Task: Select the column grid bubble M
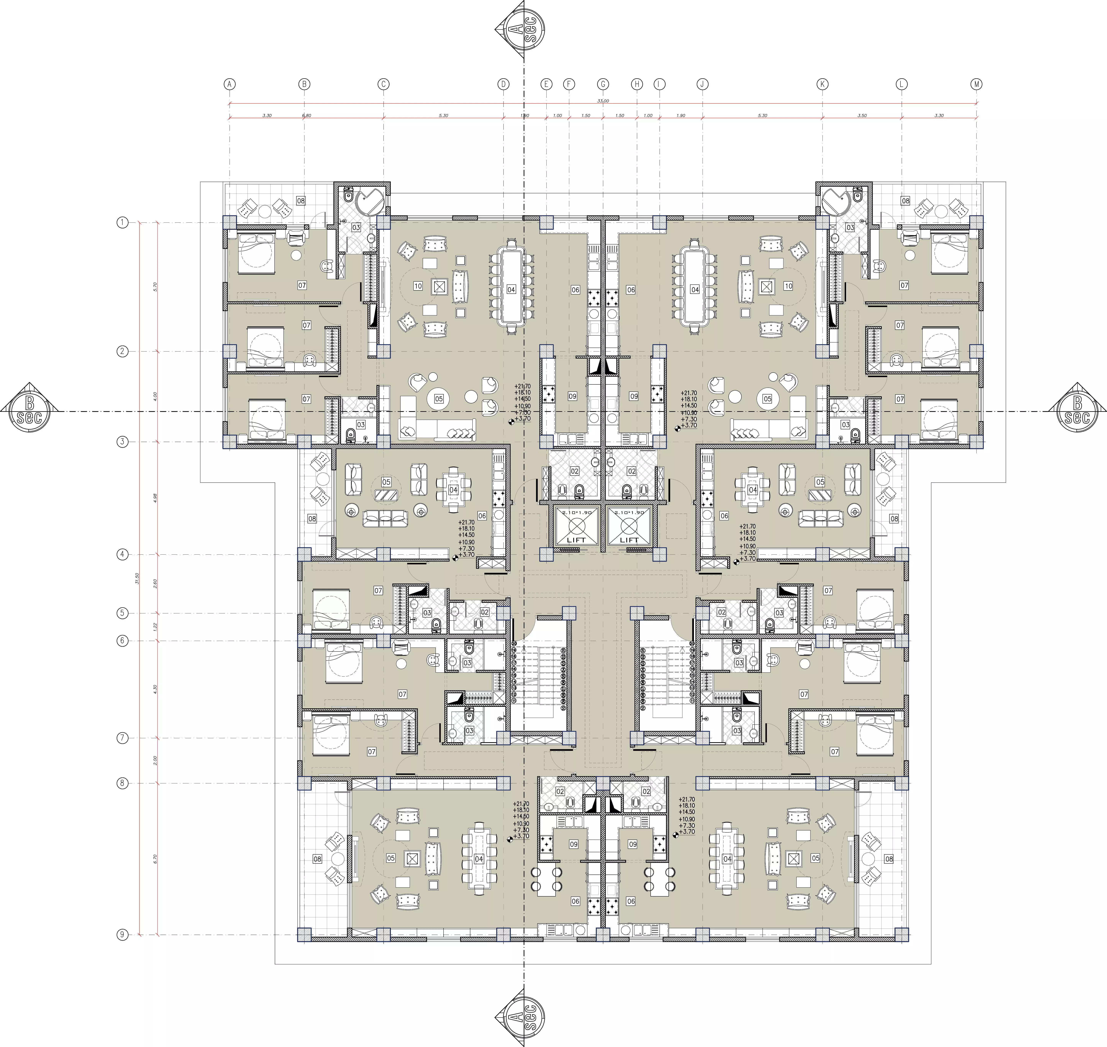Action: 976,84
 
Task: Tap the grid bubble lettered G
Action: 603,84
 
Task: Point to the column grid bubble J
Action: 702,84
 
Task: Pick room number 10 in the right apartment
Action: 788,286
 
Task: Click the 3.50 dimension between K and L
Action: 862,115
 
